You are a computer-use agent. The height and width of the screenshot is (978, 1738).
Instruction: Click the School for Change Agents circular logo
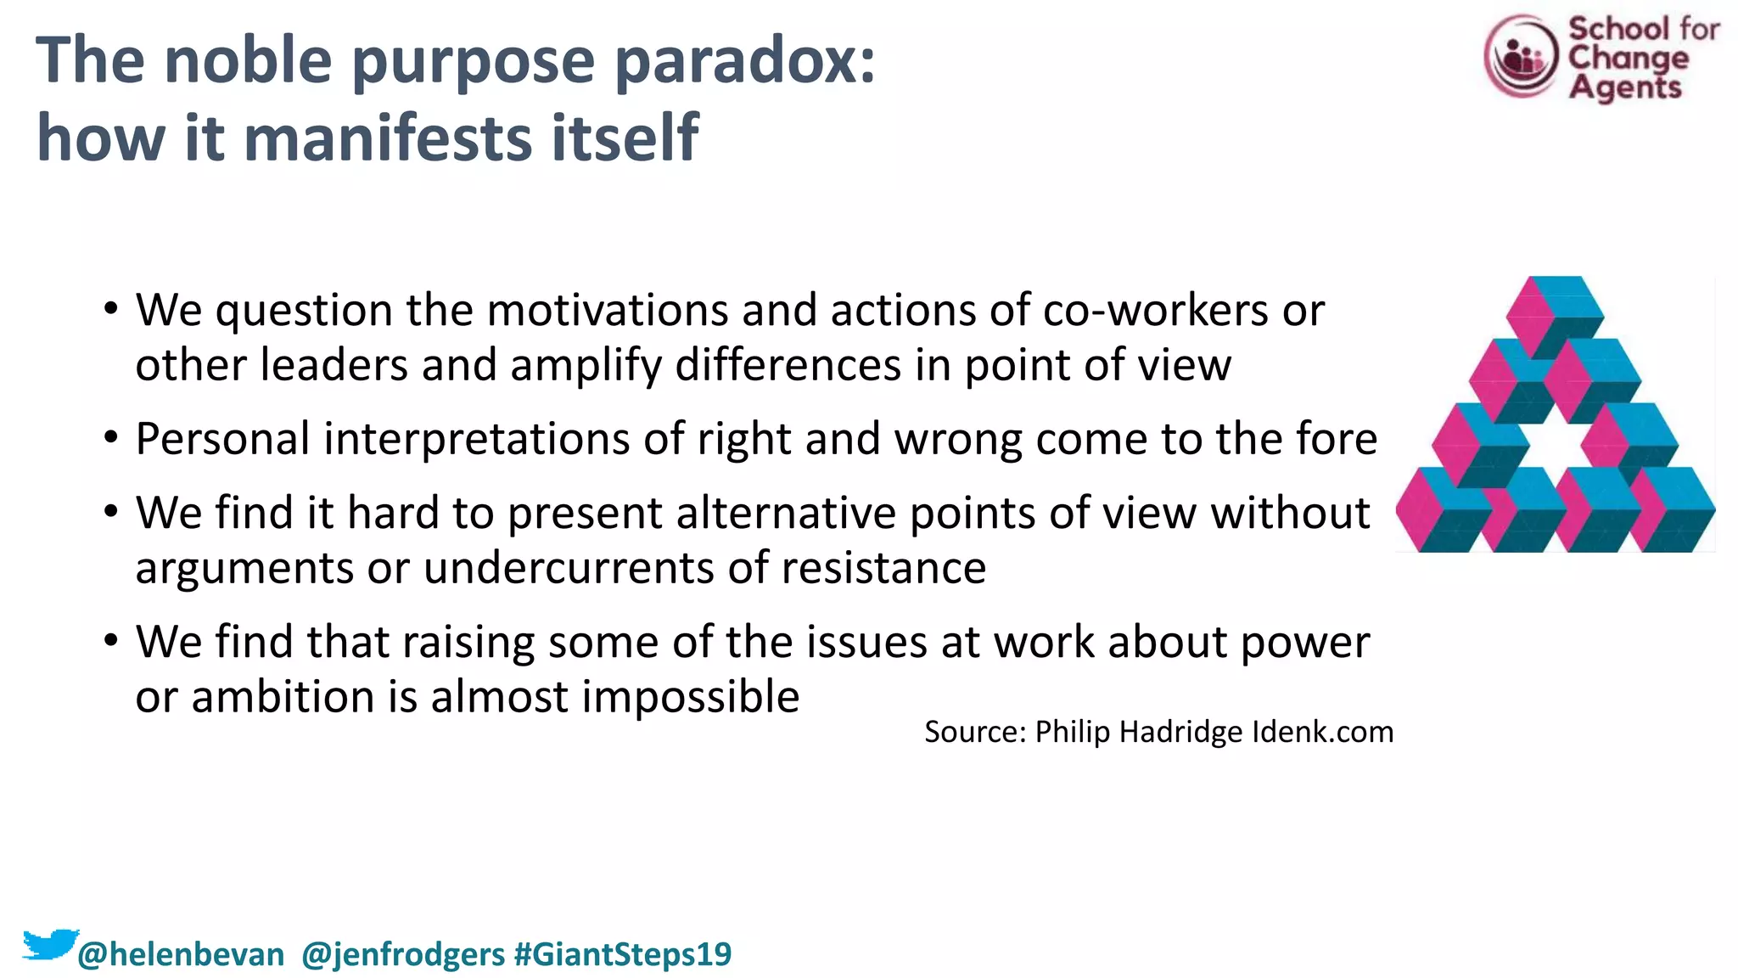1521,56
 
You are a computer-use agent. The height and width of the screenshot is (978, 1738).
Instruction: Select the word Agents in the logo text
1624,87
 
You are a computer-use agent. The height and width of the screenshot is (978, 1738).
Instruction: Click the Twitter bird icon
49,944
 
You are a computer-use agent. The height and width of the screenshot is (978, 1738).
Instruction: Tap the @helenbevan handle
181,954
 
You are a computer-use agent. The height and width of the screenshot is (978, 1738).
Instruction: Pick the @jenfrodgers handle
403,954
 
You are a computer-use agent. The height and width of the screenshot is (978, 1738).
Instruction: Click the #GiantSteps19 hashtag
623,954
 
